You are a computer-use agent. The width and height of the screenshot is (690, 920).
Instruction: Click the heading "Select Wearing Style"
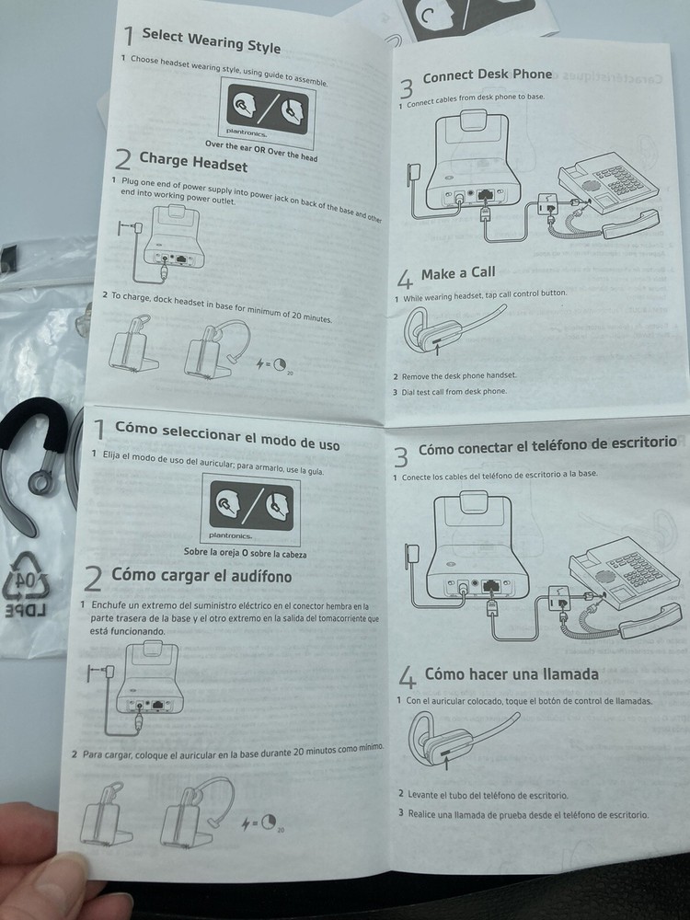coord(211,40)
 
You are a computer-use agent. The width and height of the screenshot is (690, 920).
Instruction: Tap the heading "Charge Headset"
coord(193,164)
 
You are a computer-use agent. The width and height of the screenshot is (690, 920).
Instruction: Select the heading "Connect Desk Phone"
coord(488,75)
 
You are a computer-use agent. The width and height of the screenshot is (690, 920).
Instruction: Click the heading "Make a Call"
coord(458,273)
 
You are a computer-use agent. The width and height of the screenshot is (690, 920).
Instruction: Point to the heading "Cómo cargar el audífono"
coord(201,576)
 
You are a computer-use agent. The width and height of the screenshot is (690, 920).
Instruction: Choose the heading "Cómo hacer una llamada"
coord(512,674)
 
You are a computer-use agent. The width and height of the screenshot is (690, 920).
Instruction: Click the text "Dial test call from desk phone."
coord(456,391)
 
